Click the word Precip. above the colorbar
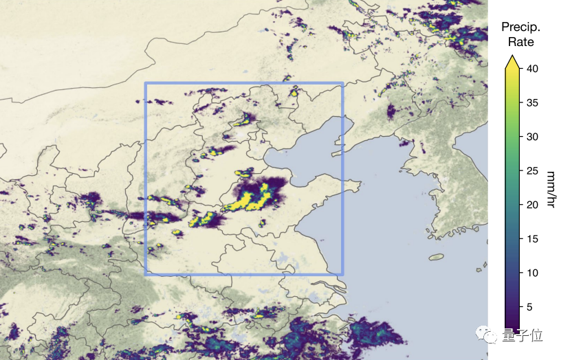520,27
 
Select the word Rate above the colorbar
520,42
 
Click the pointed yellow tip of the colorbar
512,61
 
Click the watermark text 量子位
527,335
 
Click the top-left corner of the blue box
146,84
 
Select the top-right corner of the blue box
342,84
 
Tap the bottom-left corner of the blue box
146,274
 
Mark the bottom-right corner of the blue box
342,274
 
